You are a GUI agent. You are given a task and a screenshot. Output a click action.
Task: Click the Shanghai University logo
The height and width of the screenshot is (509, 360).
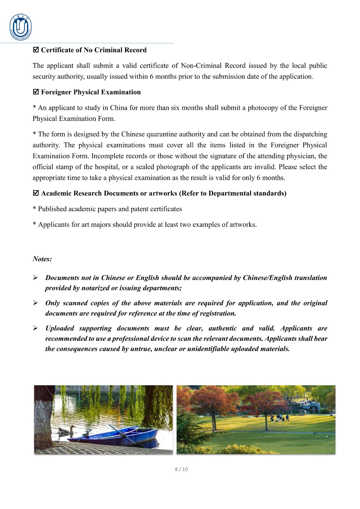pyautogui.click(x=21, y=27)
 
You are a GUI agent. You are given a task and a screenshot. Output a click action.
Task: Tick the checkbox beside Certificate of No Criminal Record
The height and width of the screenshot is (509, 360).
pyautogui.click(x=36, y=50)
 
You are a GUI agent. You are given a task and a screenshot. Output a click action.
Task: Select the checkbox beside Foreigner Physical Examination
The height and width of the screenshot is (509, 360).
pyautogui.click(x=36, y=92)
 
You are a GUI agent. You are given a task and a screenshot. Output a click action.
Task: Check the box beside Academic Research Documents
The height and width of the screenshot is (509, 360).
pyautogui.click(x=36, y=193)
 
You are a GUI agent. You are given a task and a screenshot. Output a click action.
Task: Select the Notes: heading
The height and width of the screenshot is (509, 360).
pyautogui.click(x=42, y=259)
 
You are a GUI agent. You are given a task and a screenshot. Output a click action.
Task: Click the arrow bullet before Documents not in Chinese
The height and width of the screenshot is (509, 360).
pyautogui.click(x=36, y=278)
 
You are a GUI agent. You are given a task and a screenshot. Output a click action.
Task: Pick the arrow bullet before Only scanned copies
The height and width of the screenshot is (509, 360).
pyautogui.click(x=36, y=303)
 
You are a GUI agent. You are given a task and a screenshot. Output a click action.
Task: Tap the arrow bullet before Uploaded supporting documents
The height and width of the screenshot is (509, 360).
pyautogui.click(x=36, y=328)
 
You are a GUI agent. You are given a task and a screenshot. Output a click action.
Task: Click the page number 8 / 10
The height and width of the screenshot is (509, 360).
pyautogui.click(x=181, y=469)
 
